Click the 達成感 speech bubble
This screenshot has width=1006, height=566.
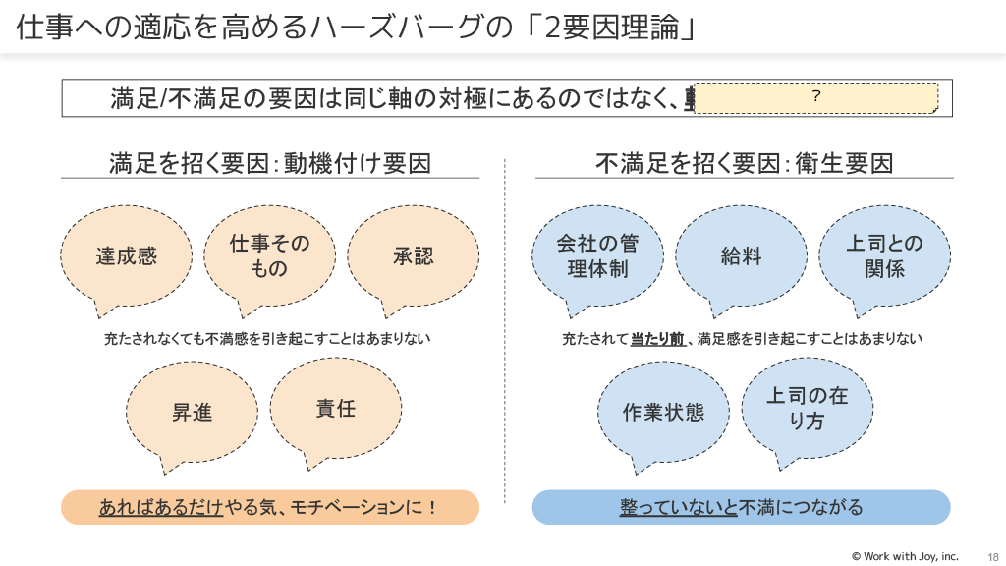126,256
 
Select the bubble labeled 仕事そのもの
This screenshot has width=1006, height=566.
269,255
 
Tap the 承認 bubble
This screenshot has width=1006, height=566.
413,255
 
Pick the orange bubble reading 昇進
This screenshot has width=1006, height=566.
193,412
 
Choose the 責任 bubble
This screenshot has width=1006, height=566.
335,408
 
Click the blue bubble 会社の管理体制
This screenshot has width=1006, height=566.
596,255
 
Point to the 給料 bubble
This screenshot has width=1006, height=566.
741,256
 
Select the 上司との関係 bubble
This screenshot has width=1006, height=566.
884,255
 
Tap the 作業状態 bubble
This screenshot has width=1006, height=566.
664,412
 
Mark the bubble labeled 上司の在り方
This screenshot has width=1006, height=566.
807,408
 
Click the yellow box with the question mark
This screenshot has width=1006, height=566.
815,97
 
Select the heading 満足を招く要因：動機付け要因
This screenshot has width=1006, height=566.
270,162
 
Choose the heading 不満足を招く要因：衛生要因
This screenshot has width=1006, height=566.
744,162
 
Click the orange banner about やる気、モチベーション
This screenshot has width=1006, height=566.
270,507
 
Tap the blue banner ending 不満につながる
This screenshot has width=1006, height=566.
741,507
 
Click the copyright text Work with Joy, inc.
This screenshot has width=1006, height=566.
904,556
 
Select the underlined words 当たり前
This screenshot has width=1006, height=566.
657,339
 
